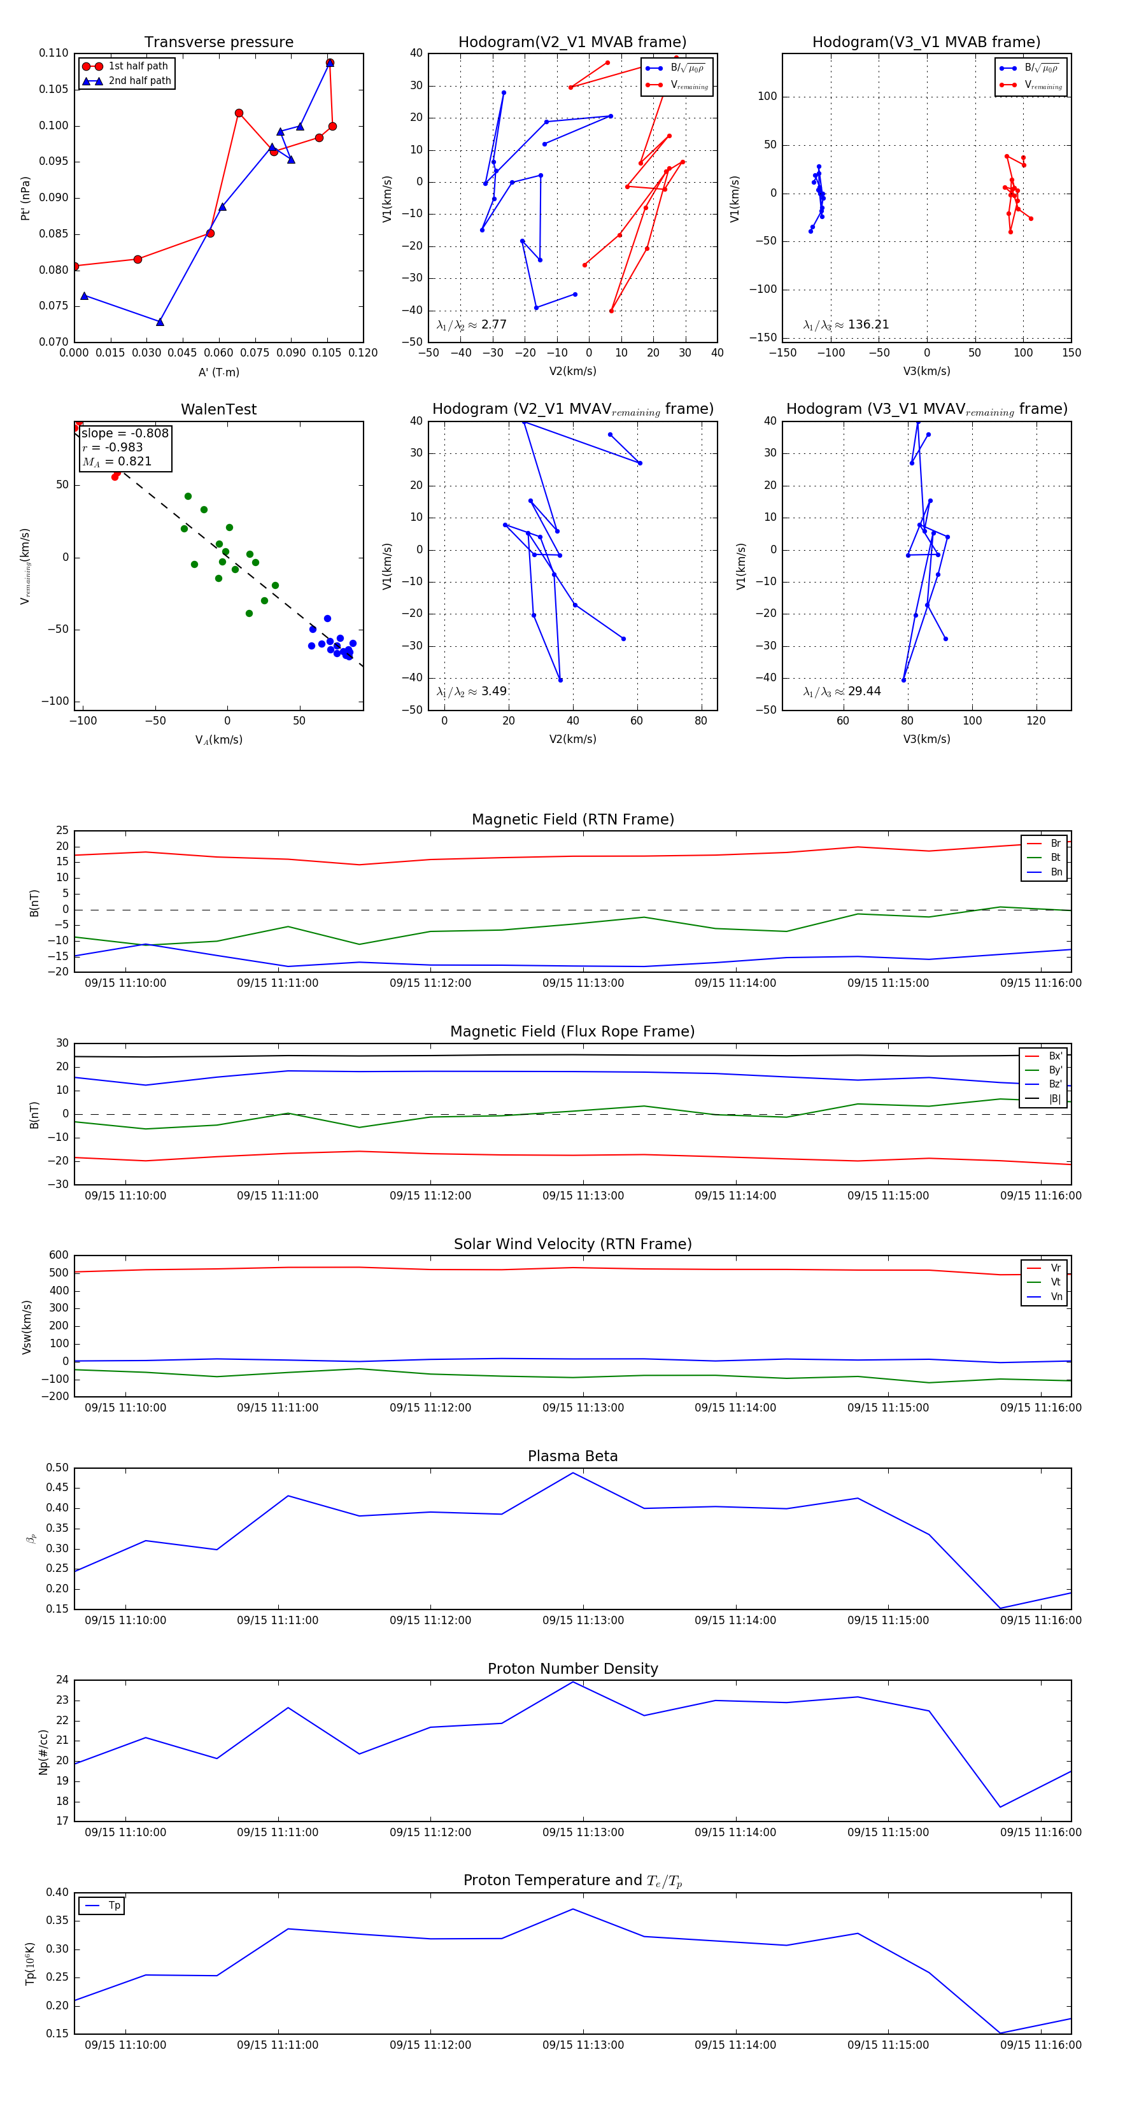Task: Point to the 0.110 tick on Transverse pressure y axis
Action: pyautogui.click(x=54, y=53)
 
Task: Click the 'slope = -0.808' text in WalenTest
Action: pyautogui.click(x=125, y=433)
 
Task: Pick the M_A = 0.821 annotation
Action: pyautogui.click(x=117, y=462)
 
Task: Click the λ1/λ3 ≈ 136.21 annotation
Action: pyautogui.click(x=846, y=325)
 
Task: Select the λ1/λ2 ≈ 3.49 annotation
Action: pyautogui.click(x=471, y=691)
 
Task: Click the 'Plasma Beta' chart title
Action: pyautogui.click(x=572, y=1456)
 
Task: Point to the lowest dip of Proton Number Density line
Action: pyautogui.click(x=1000, y=1807)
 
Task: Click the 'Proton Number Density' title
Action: pyautogui.click(x=572, y=1669)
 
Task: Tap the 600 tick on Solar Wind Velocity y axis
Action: pyautogui.click(x=59, y=1256)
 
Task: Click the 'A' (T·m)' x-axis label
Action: pyautogui.click(x=218, y=372)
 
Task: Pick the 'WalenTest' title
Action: pyautogui.click(x=218, y=409)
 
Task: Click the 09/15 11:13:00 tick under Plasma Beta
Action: pyautogui.click(x=583, y=1620)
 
